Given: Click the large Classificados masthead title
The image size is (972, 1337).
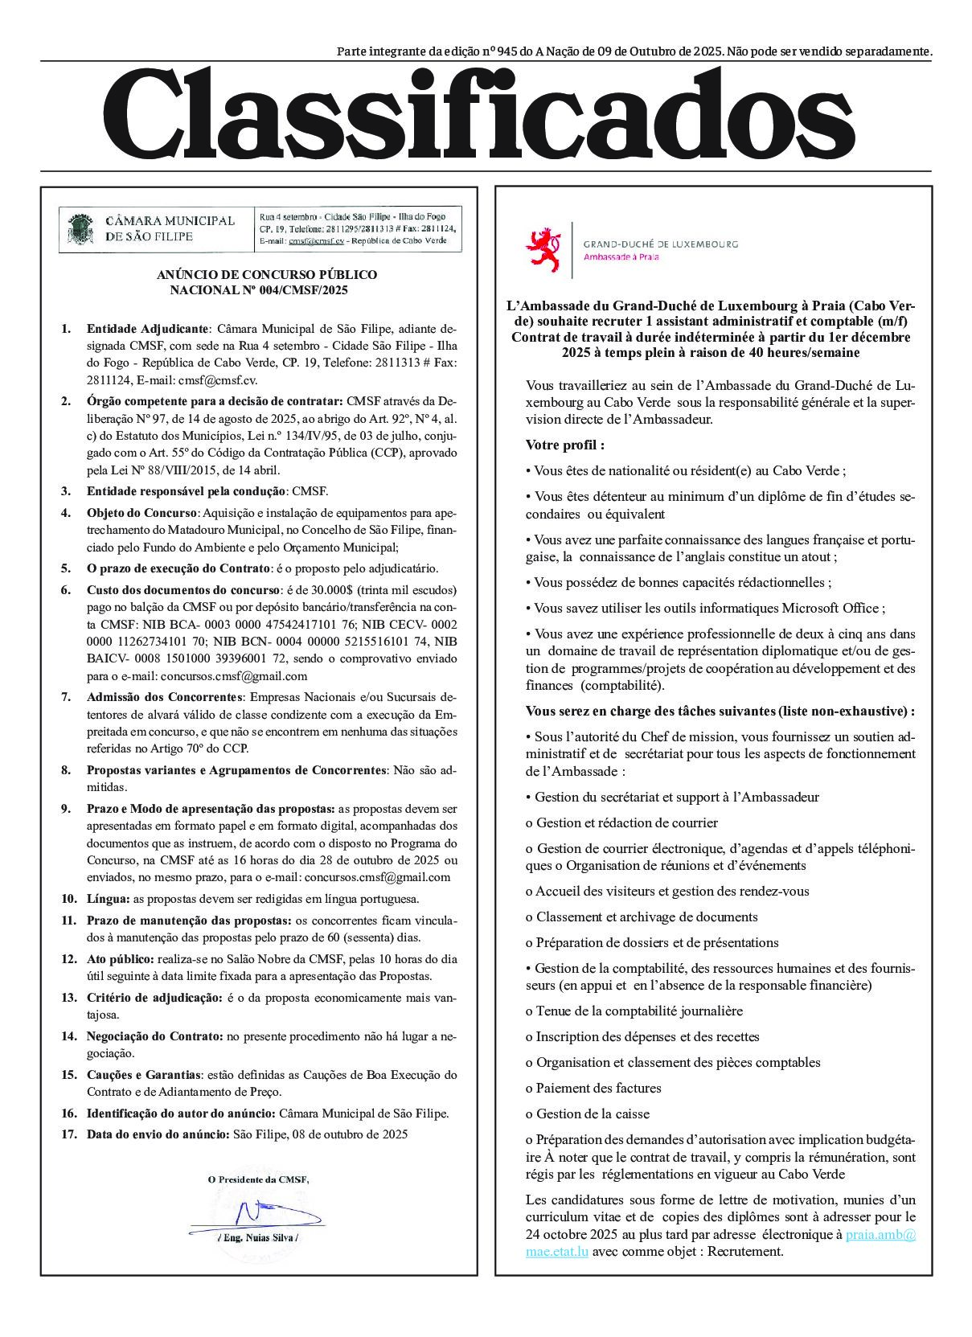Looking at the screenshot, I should click(479, 115).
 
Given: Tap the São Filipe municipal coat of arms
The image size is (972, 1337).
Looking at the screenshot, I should click(80, 228).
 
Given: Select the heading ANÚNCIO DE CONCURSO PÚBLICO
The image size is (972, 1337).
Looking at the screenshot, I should click(267, 275).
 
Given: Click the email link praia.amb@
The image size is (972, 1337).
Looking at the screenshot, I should click(880, 1234).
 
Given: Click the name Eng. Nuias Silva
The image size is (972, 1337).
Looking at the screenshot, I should click(258, 1237).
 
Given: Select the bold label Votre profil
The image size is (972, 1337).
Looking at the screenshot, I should click(564, 445).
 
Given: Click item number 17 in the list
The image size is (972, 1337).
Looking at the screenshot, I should click(68, 1134).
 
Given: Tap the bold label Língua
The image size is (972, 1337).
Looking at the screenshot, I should click(108, 899).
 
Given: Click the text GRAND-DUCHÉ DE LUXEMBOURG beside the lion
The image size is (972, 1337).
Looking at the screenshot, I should click(660, 244).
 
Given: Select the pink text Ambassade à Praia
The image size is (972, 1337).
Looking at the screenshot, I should click(621, 256).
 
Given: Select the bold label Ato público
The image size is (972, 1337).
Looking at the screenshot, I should click(120, 959).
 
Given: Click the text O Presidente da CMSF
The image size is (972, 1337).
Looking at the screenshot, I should click(258, 1179).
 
